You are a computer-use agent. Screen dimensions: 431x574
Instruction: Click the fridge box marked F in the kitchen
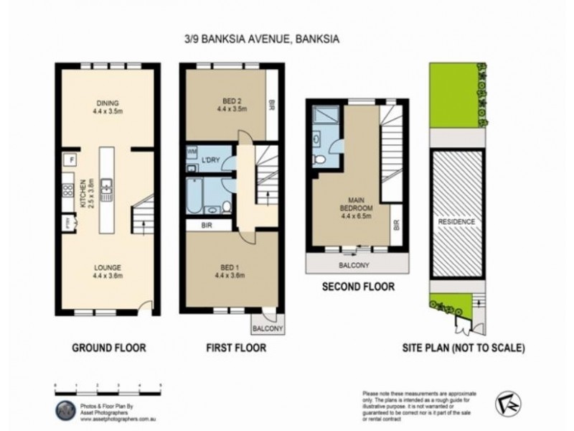coord(72,159)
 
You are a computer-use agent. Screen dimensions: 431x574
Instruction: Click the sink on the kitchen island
coord(107,189)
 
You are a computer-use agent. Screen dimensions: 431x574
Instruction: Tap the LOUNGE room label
coord(108,271)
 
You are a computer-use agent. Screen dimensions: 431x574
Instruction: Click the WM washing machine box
coord(192,152)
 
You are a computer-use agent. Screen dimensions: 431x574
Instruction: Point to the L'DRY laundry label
coord(210,159)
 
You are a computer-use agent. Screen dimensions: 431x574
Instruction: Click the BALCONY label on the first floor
coord(268,329)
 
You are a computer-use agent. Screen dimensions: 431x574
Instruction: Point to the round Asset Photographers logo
coord(65,407)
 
